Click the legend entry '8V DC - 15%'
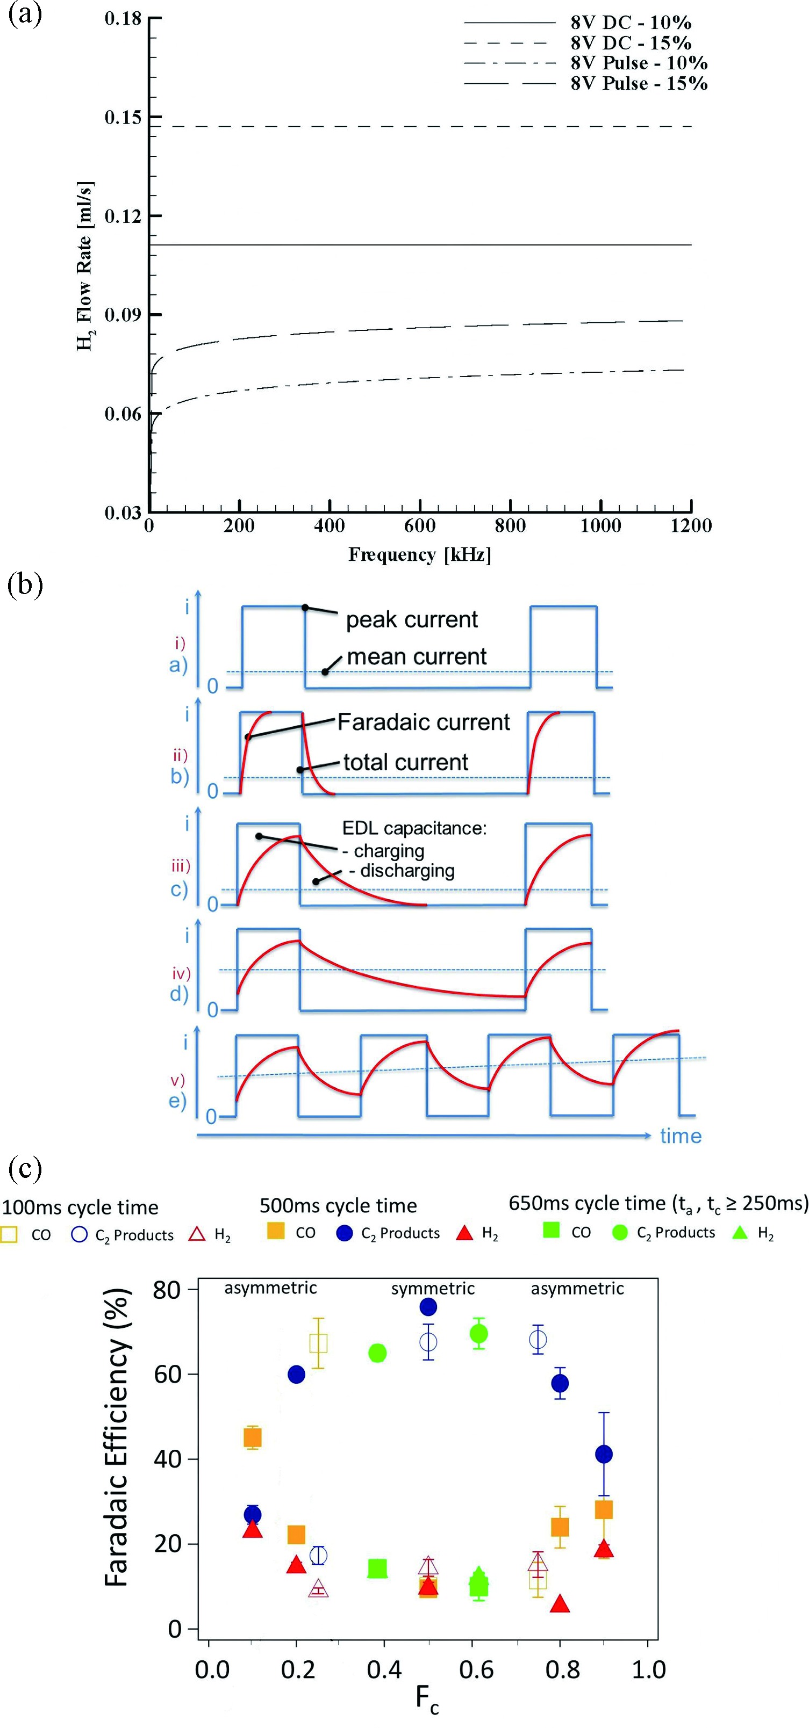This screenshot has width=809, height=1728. [x=631, y=43]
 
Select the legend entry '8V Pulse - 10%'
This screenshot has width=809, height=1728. [x=639, y=63]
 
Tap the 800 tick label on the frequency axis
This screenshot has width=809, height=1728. [x=510, y=525]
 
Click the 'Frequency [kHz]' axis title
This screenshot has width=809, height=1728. [x=420, y=555]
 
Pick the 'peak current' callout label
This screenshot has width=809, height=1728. [x=412, y=619]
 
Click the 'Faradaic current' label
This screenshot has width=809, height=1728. [x=424, y=722]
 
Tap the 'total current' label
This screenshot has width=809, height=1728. [x=405, y=762]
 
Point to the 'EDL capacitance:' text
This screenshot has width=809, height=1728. [x=415, y=828]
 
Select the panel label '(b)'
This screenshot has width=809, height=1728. [x=25, y=584]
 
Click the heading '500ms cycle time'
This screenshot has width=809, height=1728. [x=338, y=1205]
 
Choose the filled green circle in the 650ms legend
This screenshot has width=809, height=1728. [x=620, y=1232]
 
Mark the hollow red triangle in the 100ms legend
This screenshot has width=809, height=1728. [x=197, y=1234]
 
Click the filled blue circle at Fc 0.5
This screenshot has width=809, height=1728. [x=428, y=1307]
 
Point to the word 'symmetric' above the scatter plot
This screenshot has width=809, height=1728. [x=433, y=1288]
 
